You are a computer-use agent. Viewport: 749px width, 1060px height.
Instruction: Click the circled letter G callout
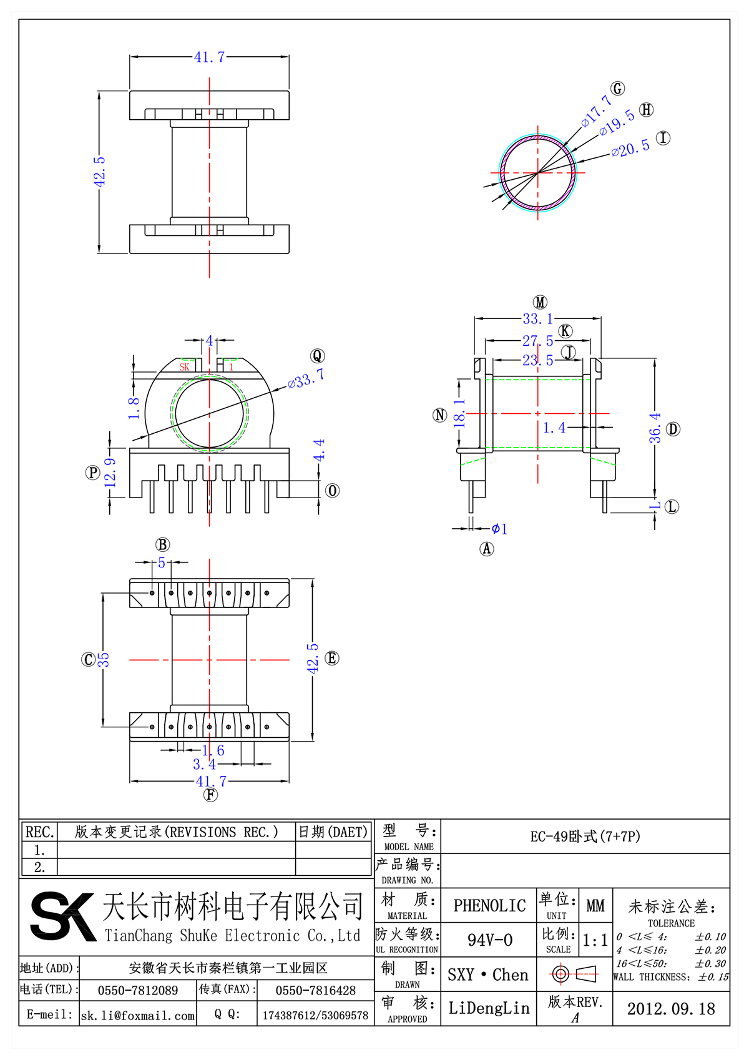pyautogui.click(x=617, y=89)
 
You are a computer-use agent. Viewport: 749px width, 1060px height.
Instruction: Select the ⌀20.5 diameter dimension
pyautogui.click(x=630, y=149)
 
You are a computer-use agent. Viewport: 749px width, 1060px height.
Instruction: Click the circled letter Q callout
pyautogui.click(x=317, y=356)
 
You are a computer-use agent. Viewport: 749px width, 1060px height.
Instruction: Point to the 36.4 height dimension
pyautogui.click(x=655, y=428)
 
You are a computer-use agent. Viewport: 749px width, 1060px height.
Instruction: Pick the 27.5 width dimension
pyautogui.click(x=537, y=341)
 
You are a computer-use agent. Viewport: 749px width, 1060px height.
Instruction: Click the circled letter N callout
pyautogui.click(x=440, y=415)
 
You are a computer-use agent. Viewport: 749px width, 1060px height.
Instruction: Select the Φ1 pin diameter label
pyautogui.click(x=499, y=529)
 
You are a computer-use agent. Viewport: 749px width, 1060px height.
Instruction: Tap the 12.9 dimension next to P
pyautogui.click(x=110, y=473)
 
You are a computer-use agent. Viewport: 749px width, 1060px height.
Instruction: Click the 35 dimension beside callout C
pyautogui.click(x=104, y=659)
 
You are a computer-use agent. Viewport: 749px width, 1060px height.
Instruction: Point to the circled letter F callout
pyautogui.click(x=211, y=795)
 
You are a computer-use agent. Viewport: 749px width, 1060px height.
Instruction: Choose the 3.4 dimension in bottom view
pyautogui.click(x=204, y=764)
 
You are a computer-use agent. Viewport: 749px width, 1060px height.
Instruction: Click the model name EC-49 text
pyautogui.click(x=585, y=837)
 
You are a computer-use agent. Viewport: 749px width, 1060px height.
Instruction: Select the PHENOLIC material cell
pyautogui.click(x=489, y=906)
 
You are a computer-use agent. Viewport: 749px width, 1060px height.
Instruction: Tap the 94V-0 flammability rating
pyautogui.click(x=489, y=940)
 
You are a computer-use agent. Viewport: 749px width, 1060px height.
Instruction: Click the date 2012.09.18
pyautogui.click(x=671, y=1009)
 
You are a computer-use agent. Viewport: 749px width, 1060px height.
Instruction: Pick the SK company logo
pyautogui.click(x=62, y=916)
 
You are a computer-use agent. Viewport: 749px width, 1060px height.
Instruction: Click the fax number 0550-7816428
pyautogui.click(x=315, y=991)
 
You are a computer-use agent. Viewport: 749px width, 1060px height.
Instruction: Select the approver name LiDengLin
pyautogui.click(x=489, y=1008)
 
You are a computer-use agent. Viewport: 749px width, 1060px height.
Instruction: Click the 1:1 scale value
pyautogui.click(x=595, y=940)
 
